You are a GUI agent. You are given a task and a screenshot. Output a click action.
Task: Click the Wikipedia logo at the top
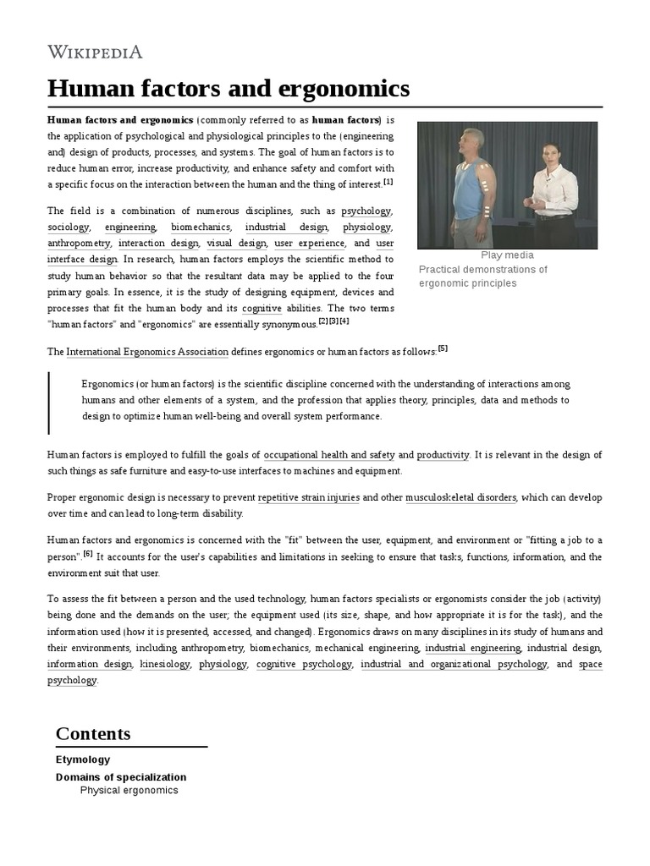click(x=95, y=52)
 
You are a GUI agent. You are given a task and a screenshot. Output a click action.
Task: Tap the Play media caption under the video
click(x=507, y=255)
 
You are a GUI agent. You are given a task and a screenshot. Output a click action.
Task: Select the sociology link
click(x=68, y=227)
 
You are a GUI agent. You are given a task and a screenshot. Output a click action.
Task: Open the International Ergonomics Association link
click(x=147, y=351)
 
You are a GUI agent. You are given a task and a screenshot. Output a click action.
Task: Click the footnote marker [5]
click(x=443, y=348)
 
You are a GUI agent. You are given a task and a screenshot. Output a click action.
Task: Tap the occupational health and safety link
click(x=328, y=455)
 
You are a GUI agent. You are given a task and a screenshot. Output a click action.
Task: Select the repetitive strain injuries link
click(x=309, y=497)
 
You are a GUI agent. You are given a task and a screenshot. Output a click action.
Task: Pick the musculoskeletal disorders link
click(x=460, y=497)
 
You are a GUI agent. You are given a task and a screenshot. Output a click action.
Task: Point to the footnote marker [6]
click(x=88, y=553)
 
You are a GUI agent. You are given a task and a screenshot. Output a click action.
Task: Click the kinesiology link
click(x=166, y=664)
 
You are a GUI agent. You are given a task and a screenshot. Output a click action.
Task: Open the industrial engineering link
click(x=472, y=648)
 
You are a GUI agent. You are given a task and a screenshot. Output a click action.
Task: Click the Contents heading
click(x=93, y=733)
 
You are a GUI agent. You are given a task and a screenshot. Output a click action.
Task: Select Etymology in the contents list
click(x=82, y=759)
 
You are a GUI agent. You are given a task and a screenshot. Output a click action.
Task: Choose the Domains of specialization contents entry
click(x=121, y=776)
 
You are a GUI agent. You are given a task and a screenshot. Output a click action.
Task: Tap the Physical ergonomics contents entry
click(x=129, y=790)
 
